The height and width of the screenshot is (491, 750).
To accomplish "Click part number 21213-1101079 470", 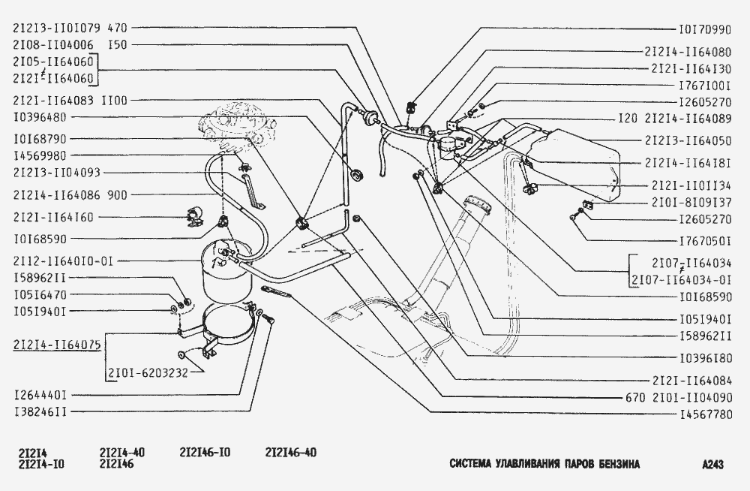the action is point(70,29).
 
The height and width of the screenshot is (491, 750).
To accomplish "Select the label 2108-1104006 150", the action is point(70,45).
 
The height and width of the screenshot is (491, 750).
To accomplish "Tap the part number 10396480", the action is point(40,117).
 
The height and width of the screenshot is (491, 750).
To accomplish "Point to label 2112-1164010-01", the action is point(63,261).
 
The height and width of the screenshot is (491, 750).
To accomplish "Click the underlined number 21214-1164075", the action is point(57,345).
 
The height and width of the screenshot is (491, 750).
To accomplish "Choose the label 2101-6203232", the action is point(148,372).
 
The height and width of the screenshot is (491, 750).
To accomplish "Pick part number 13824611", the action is point(40,411).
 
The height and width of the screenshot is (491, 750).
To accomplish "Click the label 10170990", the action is point(705,30).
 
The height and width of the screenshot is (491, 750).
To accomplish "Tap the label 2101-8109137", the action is point(691,203).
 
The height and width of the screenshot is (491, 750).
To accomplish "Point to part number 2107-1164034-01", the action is point(682,280).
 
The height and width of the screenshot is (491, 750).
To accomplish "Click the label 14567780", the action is point(706,414).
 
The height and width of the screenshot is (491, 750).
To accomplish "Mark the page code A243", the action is point(712,464).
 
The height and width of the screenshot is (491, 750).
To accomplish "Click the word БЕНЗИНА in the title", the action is point(619,464).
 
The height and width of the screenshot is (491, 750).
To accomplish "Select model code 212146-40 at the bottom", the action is point(291,452).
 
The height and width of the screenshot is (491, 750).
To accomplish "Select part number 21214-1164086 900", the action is point(70,195).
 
